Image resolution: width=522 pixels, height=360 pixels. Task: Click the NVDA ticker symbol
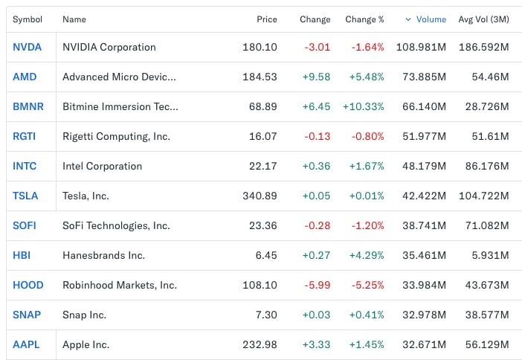pos(27,47)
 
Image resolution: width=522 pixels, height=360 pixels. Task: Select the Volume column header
pos(431,19)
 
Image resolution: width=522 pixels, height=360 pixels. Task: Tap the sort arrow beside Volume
pos(407,19)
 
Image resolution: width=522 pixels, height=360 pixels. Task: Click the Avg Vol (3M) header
pos(483,19)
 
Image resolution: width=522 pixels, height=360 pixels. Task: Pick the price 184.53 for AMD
pos(260,77)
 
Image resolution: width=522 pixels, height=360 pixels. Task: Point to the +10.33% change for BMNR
pos(364,106)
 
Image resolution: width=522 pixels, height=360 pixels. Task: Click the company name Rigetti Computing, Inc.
pos(116,136)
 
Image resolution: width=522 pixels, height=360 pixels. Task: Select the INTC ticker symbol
pos(25,166)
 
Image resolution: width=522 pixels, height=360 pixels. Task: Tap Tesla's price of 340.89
pos(260,196)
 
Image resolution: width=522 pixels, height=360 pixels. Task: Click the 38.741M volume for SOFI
pos(425,225)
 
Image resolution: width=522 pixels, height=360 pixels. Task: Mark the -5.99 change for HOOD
pos(317,285)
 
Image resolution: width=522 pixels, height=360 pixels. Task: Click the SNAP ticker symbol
pos(27,315)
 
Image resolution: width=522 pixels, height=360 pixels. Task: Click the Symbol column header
pos(28,19)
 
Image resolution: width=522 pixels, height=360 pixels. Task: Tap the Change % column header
pos(364,19)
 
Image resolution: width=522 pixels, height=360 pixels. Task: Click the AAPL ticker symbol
pos(26,344)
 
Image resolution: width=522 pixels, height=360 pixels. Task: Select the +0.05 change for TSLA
pos(317,196)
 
